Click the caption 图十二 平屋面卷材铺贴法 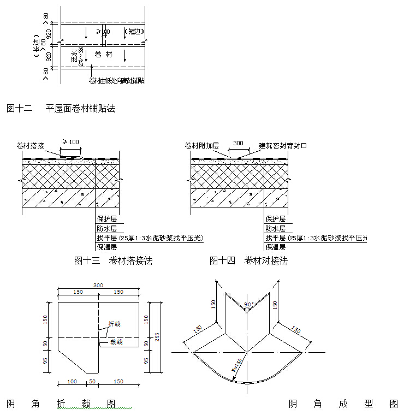click(61, 108)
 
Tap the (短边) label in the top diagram click(134, 32)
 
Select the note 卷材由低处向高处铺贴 click(117, 81)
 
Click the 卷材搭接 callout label click(31, 145)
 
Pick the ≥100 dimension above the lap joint click(71, 142)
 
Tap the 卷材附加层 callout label click(202, 145)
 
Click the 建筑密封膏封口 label click(283, 146)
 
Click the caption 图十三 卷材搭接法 click(113, 261)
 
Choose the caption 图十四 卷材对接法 click(248, 261)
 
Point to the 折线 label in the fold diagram click(114, 324)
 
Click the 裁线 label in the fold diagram click(116, 342)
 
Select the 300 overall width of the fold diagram click(98, 286)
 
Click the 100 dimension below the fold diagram click(72, 381)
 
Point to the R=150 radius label click(237, 364)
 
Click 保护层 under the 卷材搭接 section click(105, 218)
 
